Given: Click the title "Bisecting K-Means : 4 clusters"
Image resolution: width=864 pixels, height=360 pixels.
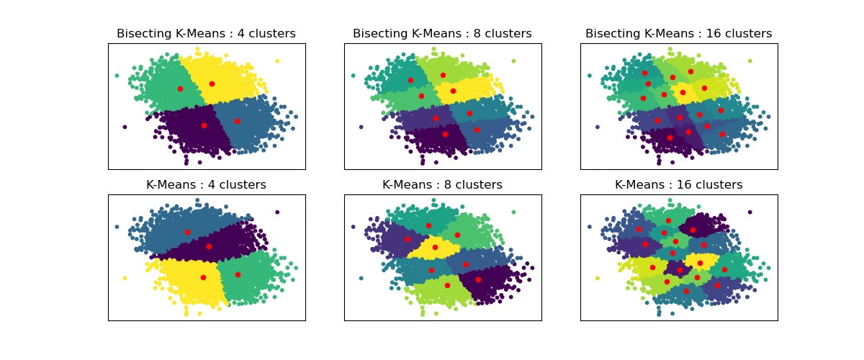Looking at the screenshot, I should [x=207, y=34].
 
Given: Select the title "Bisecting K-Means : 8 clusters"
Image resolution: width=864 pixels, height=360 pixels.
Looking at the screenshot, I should [x=442, y=34].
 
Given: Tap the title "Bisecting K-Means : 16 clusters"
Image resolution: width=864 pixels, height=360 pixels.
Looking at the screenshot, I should [x=678, y=34].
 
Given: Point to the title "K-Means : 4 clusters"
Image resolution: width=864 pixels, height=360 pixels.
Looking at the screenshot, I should [x=207, y=185].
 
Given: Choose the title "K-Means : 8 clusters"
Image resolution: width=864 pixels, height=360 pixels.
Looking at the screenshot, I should [x=442, y=185].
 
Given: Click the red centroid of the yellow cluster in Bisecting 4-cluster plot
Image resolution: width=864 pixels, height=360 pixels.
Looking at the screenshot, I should [x=212, y=84].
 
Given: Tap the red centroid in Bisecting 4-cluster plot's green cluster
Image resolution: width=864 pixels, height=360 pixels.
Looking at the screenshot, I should [x=180, y=89].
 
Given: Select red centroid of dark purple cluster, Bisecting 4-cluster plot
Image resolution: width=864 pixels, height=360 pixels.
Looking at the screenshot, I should [x=204, y=125].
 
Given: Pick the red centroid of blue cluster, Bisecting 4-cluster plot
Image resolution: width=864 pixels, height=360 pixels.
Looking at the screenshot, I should [x=237, y=121].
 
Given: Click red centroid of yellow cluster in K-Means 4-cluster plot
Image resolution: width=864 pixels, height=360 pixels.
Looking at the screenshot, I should [x=203, y=277].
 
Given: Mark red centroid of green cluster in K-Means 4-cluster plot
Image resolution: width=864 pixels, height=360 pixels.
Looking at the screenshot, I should [x=238, y=274].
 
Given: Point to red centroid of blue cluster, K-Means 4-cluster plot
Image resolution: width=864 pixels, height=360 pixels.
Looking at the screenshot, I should [x=187, y=232].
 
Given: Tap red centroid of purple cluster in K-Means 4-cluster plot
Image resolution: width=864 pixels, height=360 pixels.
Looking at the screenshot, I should [x=209, y=246].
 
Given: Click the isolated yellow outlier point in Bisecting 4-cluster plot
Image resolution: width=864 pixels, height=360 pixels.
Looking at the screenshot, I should [x=277, y=61].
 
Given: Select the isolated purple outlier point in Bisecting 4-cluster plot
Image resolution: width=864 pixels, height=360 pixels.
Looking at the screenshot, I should [x=125, y=127].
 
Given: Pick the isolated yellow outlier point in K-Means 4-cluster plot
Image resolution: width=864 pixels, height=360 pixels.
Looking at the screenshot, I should [x=125, y=278].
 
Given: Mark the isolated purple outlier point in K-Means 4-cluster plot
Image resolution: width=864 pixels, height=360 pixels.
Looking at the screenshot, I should [x=277, y=212].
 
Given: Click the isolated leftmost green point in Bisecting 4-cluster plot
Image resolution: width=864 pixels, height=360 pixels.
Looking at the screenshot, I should [x=117, y=75].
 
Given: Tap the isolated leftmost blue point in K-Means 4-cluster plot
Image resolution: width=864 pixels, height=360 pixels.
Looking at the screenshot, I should [x=117, y=226].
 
